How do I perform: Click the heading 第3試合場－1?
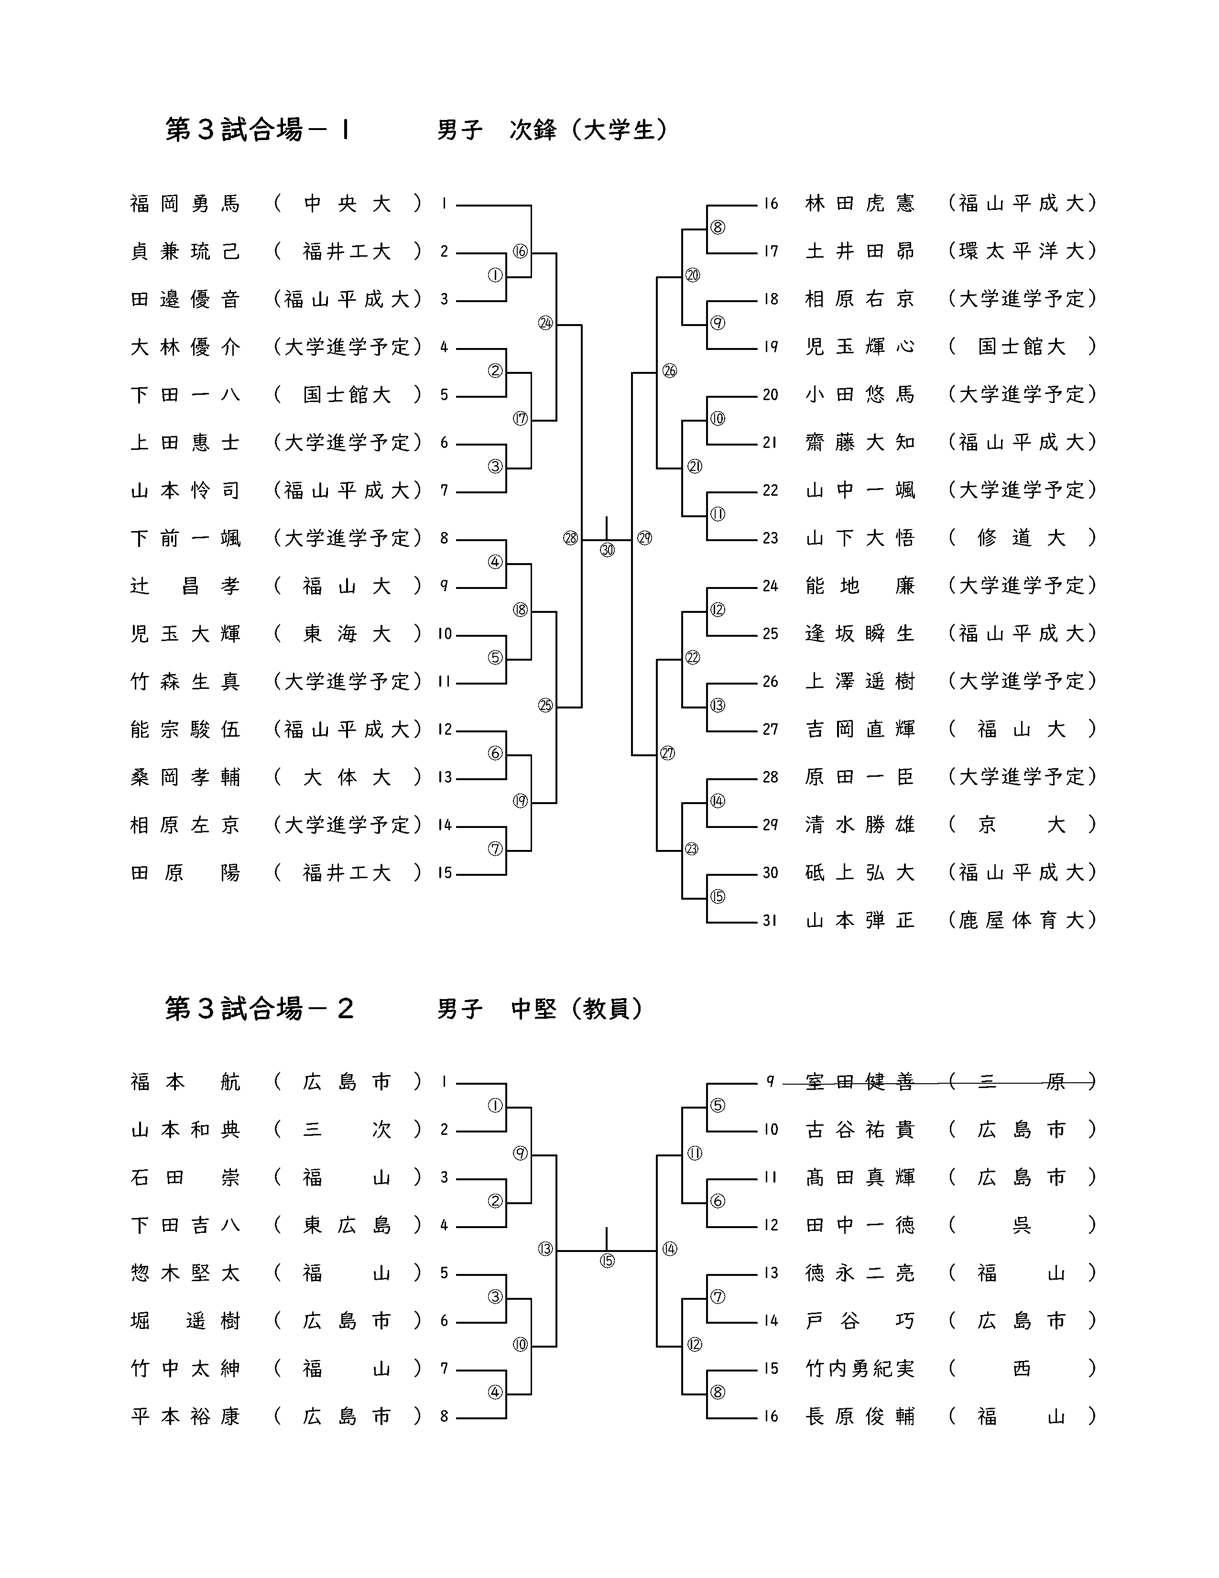tap(258, 130)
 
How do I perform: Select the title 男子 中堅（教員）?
tap(540, 1009)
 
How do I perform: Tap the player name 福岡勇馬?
tap(185, 204)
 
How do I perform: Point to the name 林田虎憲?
tap(860, 204)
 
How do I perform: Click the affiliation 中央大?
tap(347, 204)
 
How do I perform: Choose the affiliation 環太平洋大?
tap(1022, 251)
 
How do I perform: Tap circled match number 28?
tap(571, 538)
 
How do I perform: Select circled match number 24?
tap(545, 323)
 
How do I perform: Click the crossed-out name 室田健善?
tap(860, 1082)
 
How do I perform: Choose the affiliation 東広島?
tap(347, 1225)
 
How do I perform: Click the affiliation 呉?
tap(1022, 1225)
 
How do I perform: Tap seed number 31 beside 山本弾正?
tap(770, 921)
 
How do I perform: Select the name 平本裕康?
tap(185, 1416)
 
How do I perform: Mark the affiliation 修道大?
tap(1022, 538)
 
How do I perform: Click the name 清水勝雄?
tap(860, 825)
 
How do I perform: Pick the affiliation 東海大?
tap(347, 634)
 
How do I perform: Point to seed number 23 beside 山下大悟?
tap(770, 538)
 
